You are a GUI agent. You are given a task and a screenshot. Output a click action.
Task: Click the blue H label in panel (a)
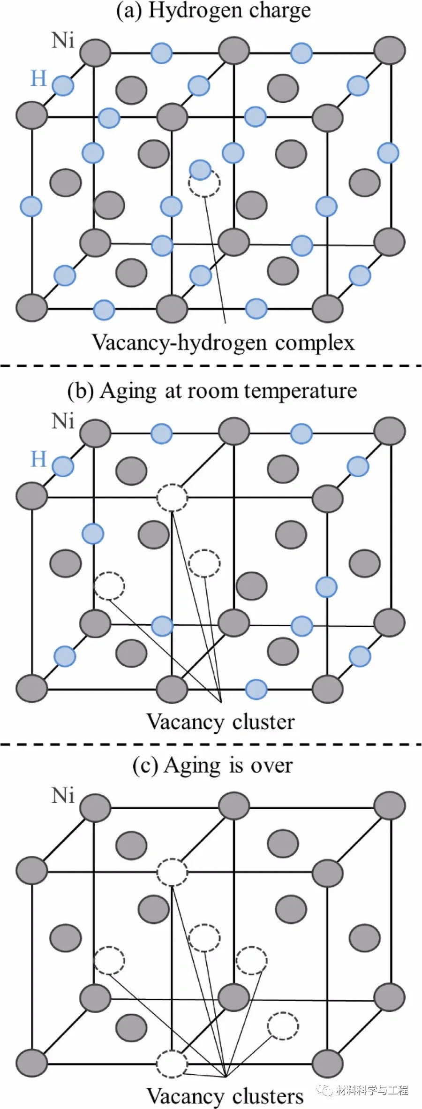point(38,78)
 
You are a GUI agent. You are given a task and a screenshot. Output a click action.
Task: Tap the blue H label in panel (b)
point(38,459)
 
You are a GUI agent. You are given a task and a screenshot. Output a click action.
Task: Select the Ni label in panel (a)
point(63,41)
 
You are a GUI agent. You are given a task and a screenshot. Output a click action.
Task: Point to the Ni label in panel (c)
point(63,796)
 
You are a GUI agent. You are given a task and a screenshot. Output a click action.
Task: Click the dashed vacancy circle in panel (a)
point(204,183)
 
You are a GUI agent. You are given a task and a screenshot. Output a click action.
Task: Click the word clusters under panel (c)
point(268,1097)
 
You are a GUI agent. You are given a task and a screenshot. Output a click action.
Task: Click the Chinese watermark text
point(372,1090)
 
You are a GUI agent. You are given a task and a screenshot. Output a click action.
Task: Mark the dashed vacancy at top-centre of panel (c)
point(172,872)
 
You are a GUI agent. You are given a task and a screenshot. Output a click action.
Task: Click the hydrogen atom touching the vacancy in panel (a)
point(200,169)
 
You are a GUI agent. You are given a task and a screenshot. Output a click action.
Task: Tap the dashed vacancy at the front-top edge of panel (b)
point(172,496)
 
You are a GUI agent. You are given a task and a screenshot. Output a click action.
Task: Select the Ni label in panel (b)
point(63,421)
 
